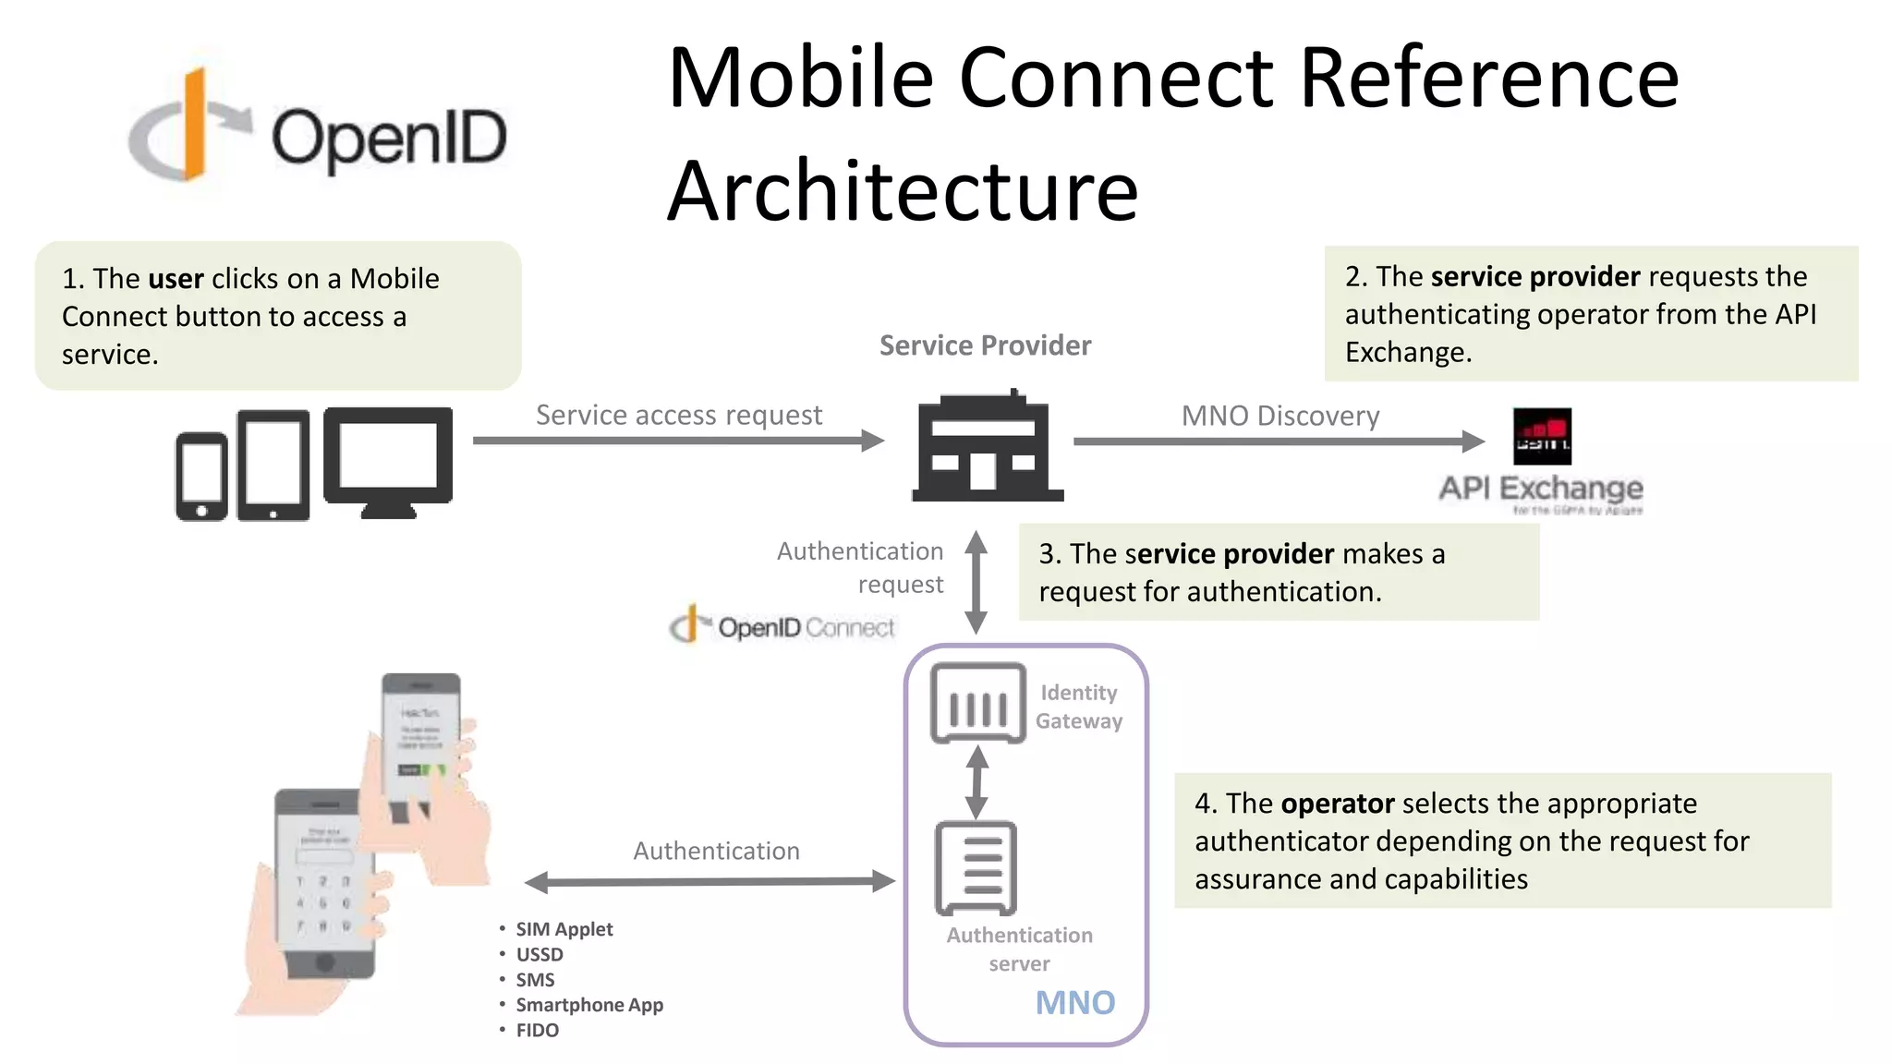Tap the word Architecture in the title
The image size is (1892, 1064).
[903, 191]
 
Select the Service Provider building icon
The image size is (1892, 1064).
[988, 448]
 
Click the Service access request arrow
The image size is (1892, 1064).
[678, 441]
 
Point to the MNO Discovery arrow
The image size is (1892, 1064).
[1279, 441]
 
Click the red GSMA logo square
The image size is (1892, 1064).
[1542, 437]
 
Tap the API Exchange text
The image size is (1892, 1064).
[1541, 488]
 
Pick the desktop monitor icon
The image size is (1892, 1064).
[388, 462]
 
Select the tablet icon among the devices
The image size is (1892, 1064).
[273, 465]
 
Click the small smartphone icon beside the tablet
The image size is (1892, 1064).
[201, 476]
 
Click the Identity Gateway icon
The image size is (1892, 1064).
[977, 703]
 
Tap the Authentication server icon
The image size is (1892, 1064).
[976, 868]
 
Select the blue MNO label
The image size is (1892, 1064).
[1074, 1003]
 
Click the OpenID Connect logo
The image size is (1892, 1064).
[782, 627]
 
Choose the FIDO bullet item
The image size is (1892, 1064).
[537, 1031]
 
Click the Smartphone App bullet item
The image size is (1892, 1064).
[588, 1005]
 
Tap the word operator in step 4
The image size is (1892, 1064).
[1338, 804]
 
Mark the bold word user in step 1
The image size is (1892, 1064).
[176, 279]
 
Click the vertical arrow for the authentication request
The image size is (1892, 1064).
[976, 582]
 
